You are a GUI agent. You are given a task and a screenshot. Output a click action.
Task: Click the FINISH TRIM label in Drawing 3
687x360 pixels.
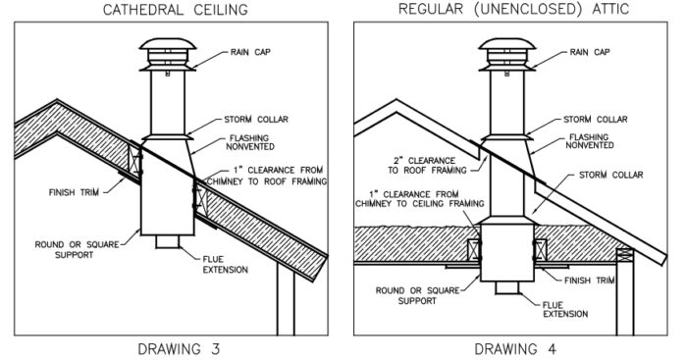click(68, 192)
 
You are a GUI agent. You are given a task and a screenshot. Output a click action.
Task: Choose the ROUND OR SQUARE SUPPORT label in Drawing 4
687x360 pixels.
click(411, 295)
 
